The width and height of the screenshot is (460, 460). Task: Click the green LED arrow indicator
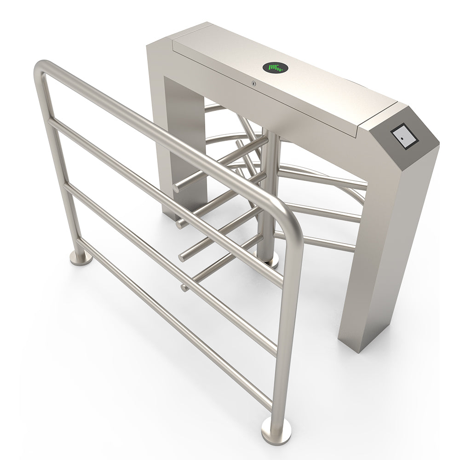275,68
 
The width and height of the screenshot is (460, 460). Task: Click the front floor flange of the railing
276,432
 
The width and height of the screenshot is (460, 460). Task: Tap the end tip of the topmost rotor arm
177,188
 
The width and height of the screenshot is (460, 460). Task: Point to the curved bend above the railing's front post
287,216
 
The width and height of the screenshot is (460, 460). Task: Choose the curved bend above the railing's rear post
44,69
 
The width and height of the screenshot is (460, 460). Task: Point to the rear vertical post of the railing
60,175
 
